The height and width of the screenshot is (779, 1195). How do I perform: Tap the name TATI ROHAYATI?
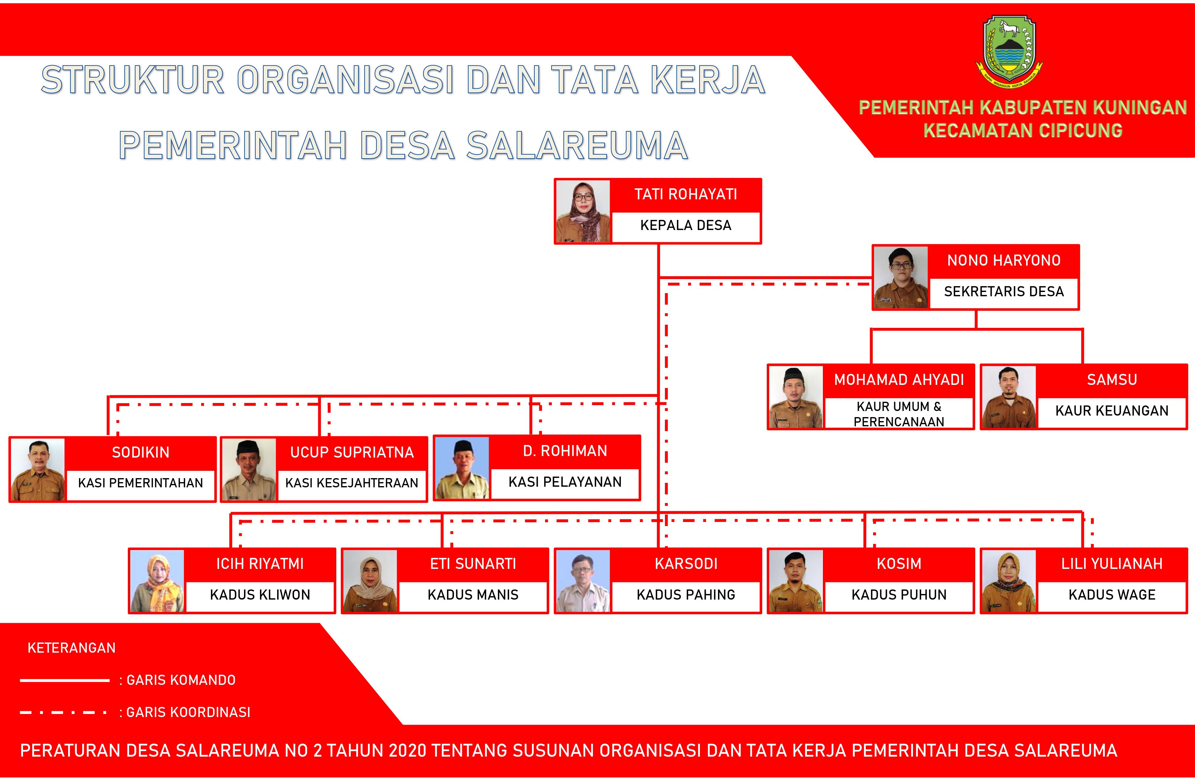pos(685,194)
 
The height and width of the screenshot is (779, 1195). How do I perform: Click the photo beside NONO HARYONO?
pos(900,277)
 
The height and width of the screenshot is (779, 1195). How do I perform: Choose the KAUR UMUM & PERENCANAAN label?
pos(899,414)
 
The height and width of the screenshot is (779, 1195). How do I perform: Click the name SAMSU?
pos(1112,380)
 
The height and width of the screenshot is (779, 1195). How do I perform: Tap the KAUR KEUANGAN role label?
pos(1112,411)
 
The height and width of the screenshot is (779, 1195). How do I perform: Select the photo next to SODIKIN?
pos(38,469)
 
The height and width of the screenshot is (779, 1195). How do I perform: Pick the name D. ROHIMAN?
pos(565,451)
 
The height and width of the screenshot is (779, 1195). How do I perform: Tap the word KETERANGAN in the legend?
pos(71,648)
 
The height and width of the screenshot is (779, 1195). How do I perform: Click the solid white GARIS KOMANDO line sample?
pos(65,681)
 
